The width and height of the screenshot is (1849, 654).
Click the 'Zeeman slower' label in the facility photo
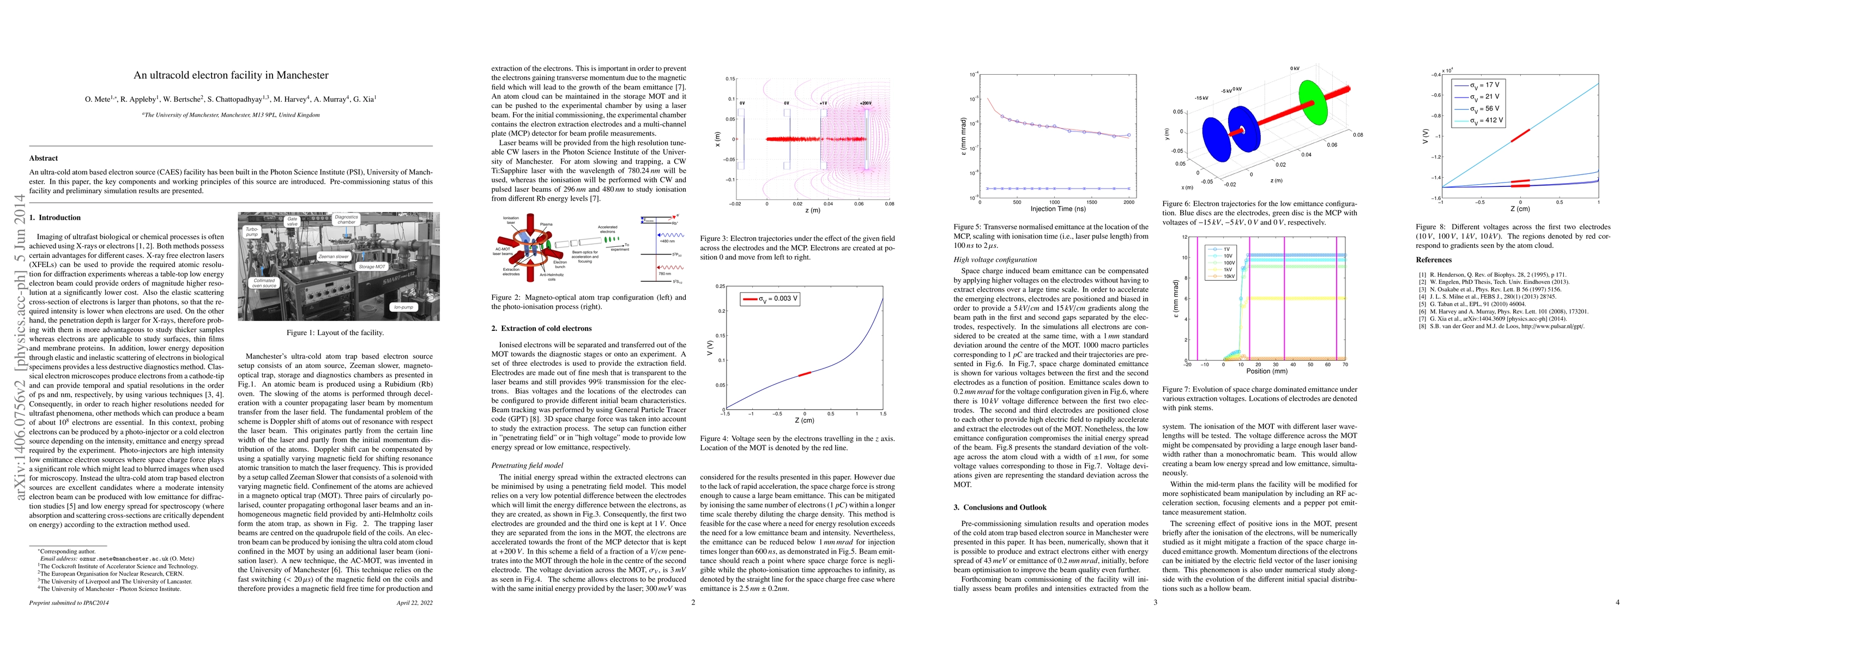(x=334, y=256)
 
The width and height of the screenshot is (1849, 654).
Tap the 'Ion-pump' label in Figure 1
(x=403, y=306)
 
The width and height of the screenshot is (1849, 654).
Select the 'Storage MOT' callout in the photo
(x=372, y=267)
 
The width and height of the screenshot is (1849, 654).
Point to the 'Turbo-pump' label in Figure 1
(x=252, y=231)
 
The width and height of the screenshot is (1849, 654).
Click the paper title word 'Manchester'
(x=304, y=75)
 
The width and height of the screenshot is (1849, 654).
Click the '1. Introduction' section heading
(x=55, y=217)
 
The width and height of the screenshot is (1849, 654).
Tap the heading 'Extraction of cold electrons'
(x=546, y=328)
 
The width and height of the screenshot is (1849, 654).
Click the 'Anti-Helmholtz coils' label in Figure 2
(x=552, y=276)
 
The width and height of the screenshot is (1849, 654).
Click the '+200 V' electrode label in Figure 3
(x=866, y=104)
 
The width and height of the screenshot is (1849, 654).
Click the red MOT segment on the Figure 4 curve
(x=804, y=373)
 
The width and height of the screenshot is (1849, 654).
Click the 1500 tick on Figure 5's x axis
(x=1092, y=202)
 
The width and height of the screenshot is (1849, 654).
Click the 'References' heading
(x=1434, y=260)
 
